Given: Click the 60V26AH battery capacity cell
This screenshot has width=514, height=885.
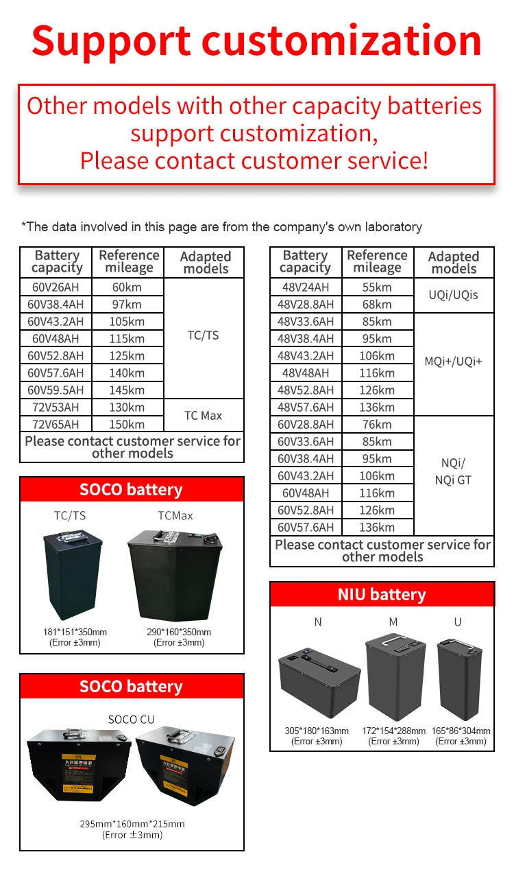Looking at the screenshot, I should (56, 287).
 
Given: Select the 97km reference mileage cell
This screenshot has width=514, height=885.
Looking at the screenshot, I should (127, 304).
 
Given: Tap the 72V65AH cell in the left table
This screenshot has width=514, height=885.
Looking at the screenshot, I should (56, 424).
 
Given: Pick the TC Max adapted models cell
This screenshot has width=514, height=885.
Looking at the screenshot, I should (204, 416).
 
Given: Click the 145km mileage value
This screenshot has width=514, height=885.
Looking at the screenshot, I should (127, 390).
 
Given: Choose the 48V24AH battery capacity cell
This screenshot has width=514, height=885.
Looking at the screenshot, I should (306, 287).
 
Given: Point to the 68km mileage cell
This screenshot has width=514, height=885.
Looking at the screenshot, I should (377, 304).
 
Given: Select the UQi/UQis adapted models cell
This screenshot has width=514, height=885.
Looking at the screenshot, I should (454, 295).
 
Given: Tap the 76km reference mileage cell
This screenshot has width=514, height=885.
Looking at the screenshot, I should (377, 424).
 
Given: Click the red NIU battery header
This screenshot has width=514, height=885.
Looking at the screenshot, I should (382, 594).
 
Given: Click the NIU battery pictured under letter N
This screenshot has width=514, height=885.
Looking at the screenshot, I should (319, 684).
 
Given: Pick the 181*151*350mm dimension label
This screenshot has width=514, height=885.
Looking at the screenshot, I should (75, 632).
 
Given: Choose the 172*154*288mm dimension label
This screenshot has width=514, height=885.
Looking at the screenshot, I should (393, 731).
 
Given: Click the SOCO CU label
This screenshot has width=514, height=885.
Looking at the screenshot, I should (132, 719).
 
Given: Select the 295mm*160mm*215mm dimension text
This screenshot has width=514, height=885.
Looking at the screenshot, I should (132, 824).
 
